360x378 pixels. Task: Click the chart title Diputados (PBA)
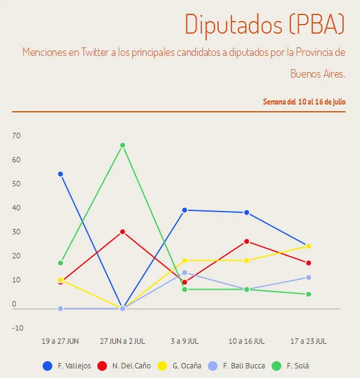tap(264, 24)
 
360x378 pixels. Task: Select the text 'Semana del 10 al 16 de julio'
tap(304, 102)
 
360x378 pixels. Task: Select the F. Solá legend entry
tap(291, 365)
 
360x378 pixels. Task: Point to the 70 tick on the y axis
tap(16, 136)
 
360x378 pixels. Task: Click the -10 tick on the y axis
tap(17, 328)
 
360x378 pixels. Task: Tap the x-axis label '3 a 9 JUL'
tap(185, 341)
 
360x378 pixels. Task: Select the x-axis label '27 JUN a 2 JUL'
tap(123, 341)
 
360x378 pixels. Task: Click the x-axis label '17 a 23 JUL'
tap(308, 341)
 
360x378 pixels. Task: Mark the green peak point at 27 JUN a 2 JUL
tap(123, 145)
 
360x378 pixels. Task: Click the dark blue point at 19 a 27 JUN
tap(61, 174)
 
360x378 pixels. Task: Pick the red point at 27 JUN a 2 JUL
tap(123, 232)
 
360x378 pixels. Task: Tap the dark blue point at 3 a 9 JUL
tap(185, 210)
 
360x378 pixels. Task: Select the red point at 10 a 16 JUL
tap(246, 242)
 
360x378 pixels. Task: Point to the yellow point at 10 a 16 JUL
tap(246, 261)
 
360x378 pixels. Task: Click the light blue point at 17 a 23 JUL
tap(308, 278)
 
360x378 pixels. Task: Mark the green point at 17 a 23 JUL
tap(308, 294)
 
